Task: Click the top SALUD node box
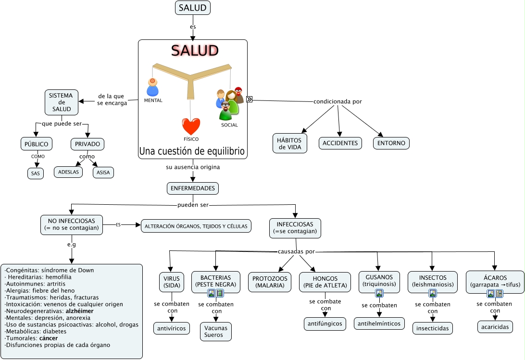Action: pyautogui.click(x=193, y=8)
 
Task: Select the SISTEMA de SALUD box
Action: pyautogui.click(x=61, y=102)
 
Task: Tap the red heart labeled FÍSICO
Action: pyautogui.click(x=191, y=126)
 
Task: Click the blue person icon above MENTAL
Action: pyautogui.click(x=152, y=87)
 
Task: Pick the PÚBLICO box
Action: pyautogui.click(x=37, y=144)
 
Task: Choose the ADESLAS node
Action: pyautogui.click(x=68, y=172)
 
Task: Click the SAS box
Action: pyautogui.click(x=35, y=173)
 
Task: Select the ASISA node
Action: pyautogui.click(x=103, y=172)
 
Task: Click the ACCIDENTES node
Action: pyautogui.click(x=340, y=143)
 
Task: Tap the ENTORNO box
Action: pyautogui.click(x=391, y=143)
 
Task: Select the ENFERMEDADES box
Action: pyautogui.click(x=193, y=188)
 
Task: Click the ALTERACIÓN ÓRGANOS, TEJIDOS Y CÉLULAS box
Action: pyautogui.click(x=196, y=226)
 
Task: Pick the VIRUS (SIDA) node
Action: pyautogui.click(x=172, y=282)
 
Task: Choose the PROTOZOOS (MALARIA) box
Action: pyautogui.click(x=270, y=282)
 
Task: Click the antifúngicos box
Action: pyautogui.click(x=325, y=323)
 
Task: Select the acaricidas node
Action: pyautogui.click(x=495, y=327)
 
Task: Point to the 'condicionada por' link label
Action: pyautogui.click(x=337, y=101)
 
